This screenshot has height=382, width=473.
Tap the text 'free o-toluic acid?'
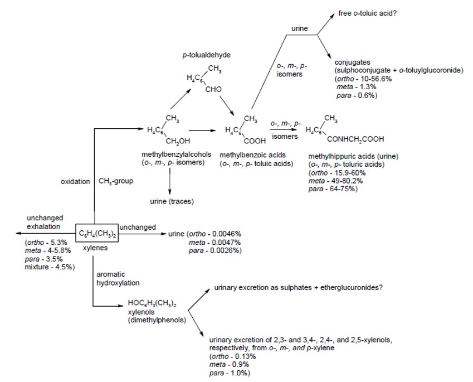363,10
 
